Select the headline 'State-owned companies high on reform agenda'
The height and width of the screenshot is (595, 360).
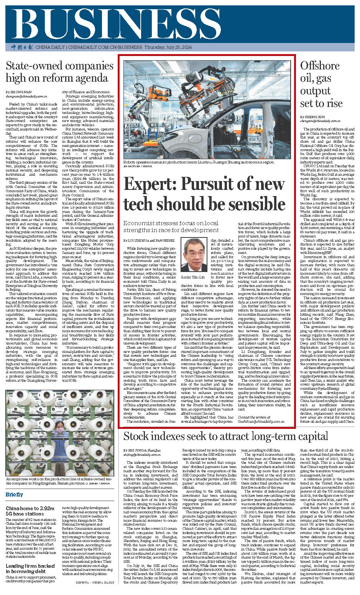(59, 72)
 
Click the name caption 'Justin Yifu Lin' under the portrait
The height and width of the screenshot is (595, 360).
(193, 277)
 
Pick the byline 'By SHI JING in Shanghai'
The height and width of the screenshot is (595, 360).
(142, 450)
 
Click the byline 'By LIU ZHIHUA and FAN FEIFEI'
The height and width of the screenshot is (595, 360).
(149, 240)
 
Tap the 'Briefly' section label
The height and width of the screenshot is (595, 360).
(14, 494)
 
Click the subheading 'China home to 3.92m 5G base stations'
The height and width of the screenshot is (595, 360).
(30, 511)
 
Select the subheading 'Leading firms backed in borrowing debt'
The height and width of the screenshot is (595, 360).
(30, 569)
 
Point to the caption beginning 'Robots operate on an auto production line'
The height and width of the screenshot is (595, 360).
(199, 162)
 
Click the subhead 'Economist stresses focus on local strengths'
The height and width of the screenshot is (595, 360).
(171, 226)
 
